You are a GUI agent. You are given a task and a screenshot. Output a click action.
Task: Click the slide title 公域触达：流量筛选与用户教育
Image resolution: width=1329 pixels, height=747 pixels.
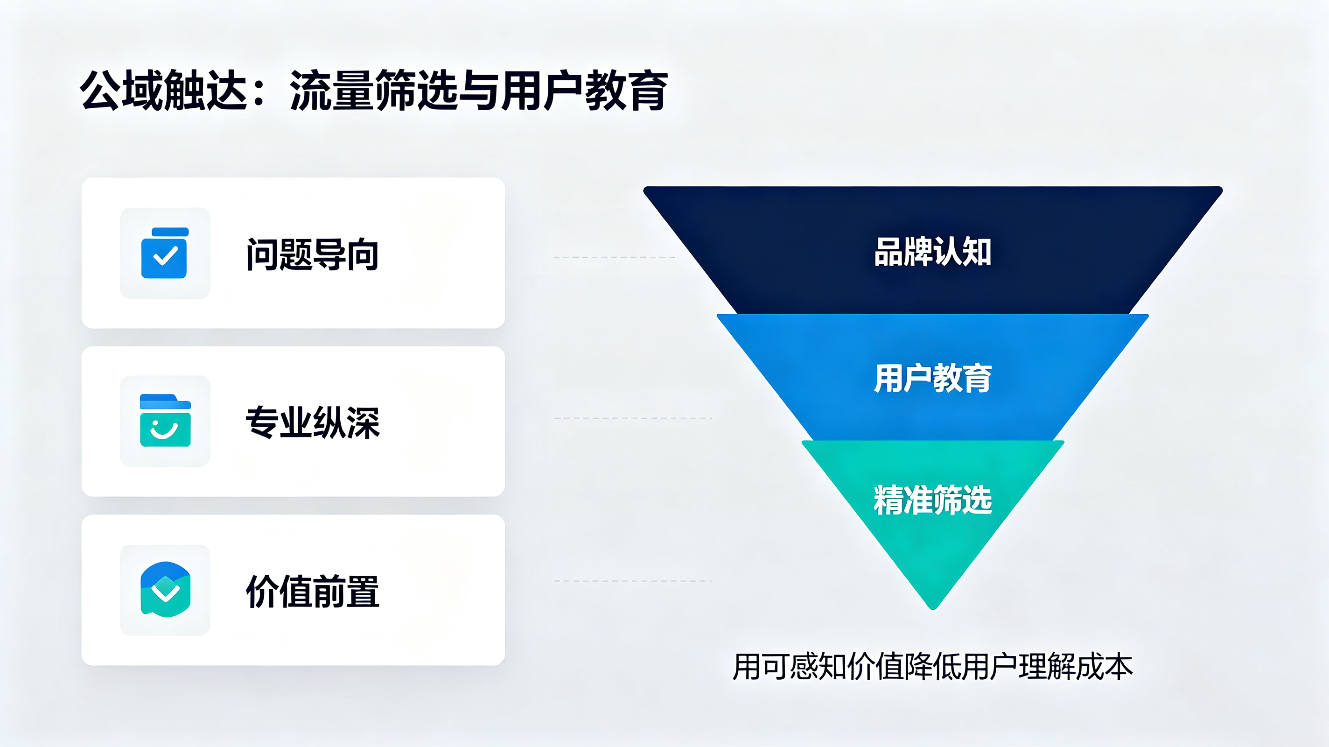pos(374,91)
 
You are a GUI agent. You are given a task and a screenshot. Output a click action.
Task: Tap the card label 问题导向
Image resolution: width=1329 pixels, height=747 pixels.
pos(313,254)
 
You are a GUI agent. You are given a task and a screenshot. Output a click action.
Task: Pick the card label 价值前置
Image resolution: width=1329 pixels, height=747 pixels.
pos(313,591)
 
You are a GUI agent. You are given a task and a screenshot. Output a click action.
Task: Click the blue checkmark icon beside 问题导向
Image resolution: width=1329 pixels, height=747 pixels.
pos(165,253)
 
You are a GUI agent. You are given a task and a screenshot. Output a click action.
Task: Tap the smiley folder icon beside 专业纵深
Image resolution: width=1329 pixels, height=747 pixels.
pos(165,420)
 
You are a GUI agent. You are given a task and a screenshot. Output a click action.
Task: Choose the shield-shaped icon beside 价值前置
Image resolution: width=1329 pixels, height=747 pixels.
pos(165,590)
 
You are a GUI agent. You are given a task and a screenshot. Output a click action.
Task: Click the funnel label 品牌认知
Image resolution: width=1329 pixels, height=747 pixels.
pos(933,252)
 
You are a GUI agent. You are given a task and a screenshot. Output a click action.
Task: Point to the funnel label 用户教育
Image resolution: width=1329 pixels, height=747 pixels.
pos(933,378)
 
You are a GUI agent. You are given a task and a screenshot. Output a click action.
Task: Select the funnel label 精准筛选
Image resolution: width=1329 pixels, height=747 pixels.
pos(933,500)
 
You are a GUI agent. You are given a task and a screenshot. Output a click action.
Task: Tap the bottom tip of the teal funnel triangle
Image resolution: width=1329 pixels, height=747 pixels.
pos(933,609)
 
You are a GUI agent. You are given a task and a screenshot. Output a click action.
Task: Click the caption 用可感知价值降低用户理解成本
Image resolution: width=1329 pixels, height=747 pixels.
pos(933,667)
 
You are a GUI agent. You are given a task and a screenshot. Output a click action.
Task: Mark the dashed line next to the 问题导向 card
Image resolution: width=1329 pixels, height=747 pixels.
pos(615,257)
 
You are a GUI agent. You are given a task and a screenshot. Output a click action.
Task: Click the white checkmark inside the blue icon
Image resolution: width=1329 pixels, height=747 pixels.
pos(166,255)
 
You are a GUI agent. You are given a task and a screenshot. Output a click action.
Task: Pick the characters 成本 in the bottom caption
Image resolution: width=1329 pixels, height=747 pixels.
pos(1105,667)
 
